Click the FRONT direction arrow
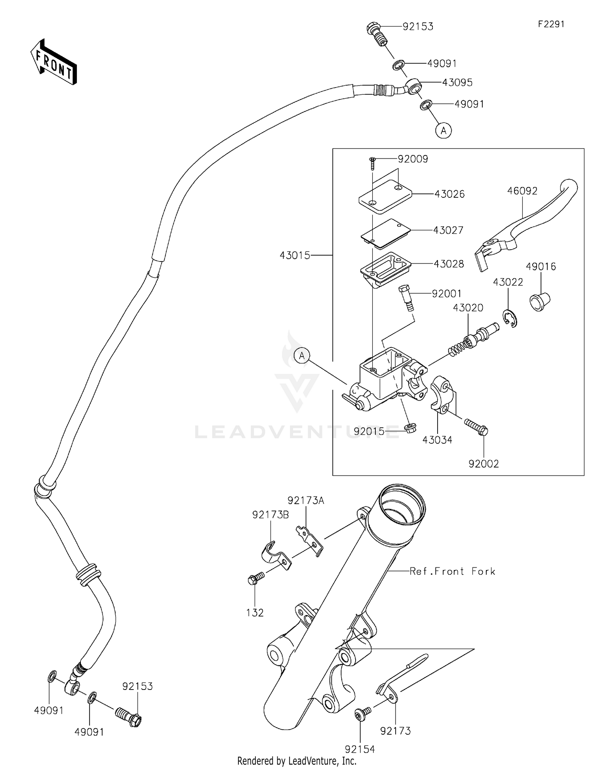[54, 62]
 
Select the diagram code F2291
[551, 24]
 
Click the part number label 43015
[295, 256]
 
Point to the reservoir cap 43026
[385, 196]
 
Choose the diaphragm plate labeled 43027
[385, 234]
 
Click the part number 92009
[413, 159]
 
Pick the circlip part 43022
[511, 318]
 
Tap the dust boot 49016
[540, 301]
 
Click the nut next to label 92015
[409, 428]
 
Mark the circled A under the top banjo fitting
[444, 130]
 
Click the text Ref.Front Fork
[452, 571]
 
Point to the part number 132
[255, 613]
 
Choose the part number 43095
[457, 82]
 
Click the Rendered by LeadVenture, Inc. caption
[297, 761]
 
